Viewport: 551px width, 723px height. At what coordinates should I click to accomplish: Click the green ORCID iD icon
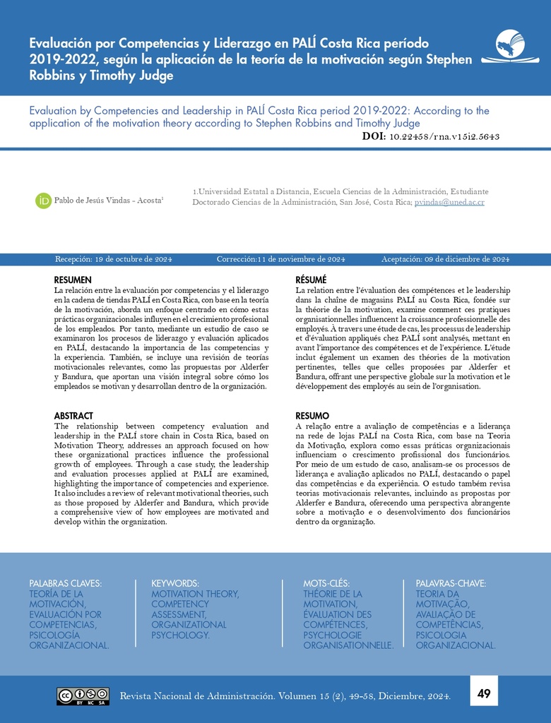click(x=43, y=201)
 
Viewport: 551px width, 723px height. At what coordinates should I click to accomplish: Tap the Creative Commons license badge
click(x=83, y=695)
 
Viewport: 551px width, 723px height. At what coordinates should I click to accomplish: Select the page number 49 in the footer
click(x=484, y=693)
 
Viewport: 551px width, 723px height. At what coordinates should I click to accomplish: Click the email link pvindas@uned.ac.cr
click(x=449, y=203)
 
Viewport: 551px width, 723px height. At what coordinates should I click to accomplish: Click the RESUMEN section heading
click(x=73, y=280)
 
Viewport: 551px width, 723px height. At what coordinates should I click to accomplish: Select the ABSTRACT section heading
click(x=73, y=416)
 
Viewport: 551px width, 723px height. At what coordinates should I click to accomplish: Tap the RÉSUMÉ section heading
click(x=311, y=280)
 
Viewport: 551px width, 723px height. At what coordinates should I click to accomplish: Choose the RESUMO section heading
click(x=312, y=416)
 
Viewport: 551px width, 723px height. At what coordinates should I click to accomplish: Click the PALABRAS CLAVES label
click(x=65, y=583)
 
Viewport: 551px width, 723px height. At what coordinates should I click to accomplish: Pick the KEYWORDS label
click(x=174, y=583)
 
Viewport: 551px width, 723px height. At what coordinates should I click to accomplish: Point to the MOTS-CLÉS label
click(x=326, y=583)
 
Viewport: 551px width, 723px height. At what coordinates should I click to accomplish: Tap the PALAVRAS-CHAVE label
click(x=451, y=583)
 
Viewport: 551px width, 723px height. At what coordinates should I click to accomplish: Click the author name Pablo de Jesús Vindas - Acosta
click(x=109, y=201)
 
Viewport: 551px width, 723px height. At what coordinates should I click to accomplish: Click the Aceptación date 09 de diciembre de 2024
click(x=467, y=259)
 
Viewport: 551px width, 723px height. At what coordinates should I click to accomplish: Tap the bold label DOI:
click(x=373, y=136)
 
